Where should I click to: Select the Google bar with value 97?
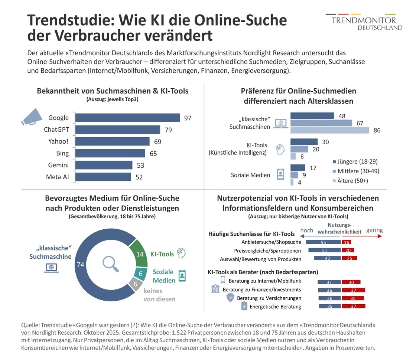[x=127, y=118]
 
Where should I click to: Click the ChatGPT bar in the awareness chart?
[x=117, y=130]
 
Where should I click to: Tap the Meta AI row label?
[x=57, y=177]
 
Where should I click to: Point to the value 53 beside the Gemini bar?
[x=140, y=165]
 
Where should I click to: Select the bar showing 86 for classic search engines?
[x=330, y=130]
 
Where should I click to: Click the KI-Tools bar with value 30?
[x=304, y=142]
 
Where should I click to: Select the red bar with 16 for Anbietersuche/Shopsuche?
[x=346, y=242]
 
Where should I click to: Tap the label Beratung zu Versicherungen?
[x=269, y=298]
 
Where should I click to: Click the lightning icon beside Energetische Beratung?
[x=244, y=307]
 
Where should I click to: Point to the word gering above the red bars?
[x=374, y=230]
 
